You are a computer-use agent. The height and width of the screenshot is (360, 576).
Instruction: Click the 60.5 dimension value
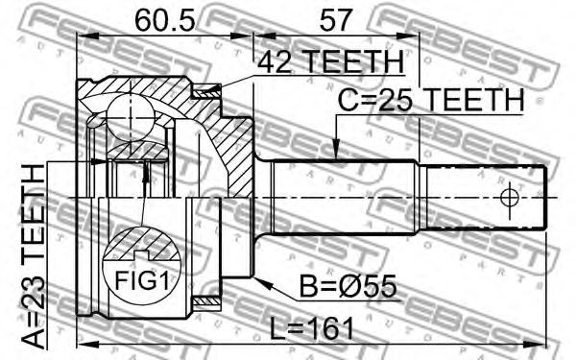tap(164, 21)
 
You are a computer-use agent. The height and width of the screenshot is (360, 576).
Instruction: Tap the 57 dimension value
tap(336, 21)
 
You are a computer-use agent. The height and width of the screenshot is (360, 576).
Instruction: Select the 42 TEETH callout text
tap(330, 62)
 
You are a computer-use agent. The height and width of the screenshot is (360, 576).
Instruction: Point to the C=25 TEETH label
tap(431, 100)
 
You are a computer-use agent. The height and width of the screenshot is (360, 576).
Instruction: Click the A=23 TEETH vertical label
tap(34, 256)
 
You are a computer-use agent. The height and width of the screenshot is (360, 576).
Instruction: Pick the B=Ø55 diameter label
tap(348, 286)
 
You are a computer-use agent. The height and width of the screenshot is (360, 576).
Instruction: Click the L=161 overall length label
tap(311, 328)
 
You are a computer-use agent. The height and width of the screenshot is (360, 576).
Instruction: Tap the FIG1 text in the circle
tap(142, 280)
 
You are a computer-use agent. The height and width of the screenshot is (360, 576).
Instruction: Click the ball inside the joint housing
tap(131, 117)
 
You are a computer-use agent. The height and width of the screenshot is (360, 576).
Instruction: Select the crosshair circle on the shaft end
tap(510, 199)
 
